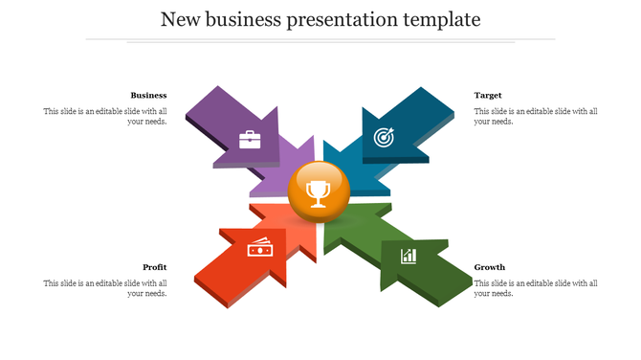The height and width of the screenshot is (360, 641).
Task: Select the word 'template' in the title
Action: coord(446,19)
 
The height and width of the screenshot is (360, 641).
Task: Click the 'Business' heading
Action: coord(148,95)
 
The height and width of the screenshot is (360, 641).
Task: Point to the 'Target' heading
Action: coord(488,95)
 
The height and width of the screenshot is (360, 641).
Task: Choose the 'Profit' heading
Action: coord(155,267)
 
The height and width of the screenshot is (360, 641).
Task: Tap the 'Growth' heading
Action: coord(490,267)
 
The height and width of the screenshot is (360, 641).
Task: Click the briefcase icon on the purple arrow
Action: coord(250,140)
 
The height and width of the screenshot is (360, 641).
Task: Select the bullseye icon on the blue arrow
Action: coord(383,137)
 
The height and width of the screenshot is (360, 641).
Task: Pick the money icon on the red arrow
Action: coord(259,249)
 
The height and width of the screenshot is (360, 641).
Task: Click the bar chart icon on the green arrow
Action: coord(409,256)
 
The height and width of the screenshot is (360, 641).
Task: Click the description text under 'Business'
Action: coord(105,117)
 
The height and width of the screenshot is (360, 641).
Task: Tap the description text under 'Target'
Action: coord(536,117)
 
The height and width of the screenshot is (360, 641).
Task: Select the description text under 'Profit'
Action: coord(105,288)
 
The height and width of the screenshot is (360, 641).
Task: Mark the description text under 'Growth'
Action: coord(536,288)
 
